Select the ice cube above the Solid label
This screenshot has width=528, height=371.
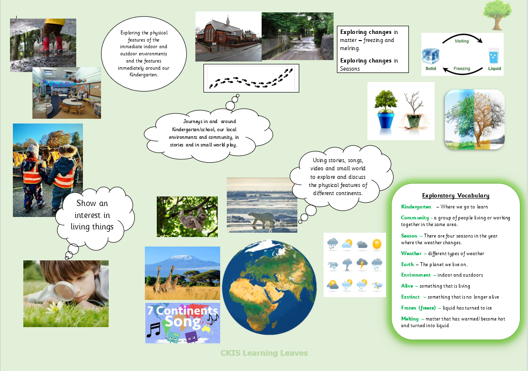pyautogui.click(x=431, y=56)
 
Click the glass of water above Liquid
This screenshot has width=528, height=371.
pyautogui.click(x=494, y=56)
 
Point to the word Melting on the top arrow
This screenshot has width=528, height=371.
pyautogui.click(x=462, y=41)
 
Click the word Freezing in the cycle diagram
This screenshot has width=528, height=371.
pyautogui.click(x=462, y=68)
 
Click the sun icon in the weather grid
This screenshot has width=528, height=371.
pyautogui.click(x=377, y=244)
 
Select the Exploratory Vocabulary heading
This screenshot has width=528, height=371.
pyautogui.click(x=456, y=196)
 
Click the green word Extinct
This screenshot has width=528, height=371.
pyautogui.click(x=410, y=297)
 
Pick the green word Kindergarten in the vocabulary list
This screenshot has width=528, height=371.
pyautogui.click(x=416, y=206)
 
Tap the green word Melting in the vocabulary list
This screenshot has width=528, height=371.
pyautogui.click(x=410, y=319)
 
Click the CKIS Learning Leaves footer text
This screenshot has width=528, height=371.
pyautogui.click(x=264, y=353)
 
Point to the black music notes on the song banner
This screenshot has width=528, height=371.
pyautogui.click(x=153, y=330)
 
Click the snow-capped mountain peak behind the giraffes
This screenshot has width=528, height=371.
pyautogui.click(x=182, y=258)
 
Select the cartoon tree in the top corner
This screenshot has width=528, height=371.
pyautogui.click(x=498, y=15)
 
